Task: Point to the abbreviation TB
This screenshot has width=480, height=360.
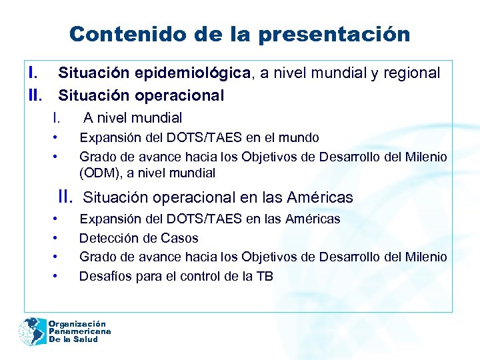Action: pyautogui.click(x=264, y=276)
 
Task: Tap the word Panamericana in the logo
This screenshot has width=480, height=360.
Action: pyautogui.click(x=79, y=331)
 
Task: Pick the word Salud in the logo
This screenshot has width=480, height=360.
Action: pyautogui.click(x=85, y=339)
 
